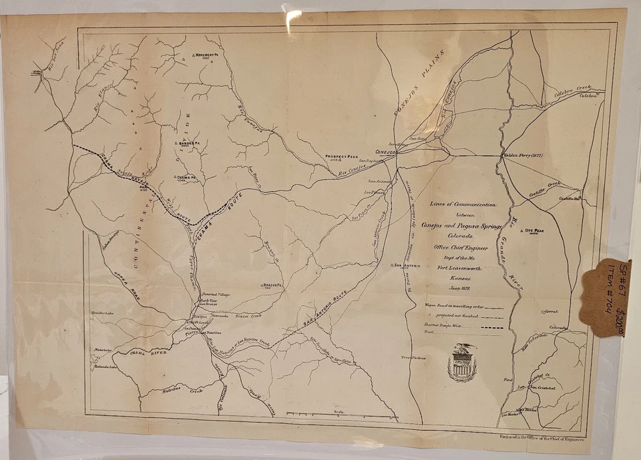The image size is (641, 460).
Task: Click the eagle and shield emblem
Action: (x=462, y=363)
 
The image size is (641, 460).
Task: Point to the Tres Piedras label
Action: (x=414, y=358)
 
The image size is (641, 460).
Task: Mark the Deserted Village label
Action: (x=216, y=294)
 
